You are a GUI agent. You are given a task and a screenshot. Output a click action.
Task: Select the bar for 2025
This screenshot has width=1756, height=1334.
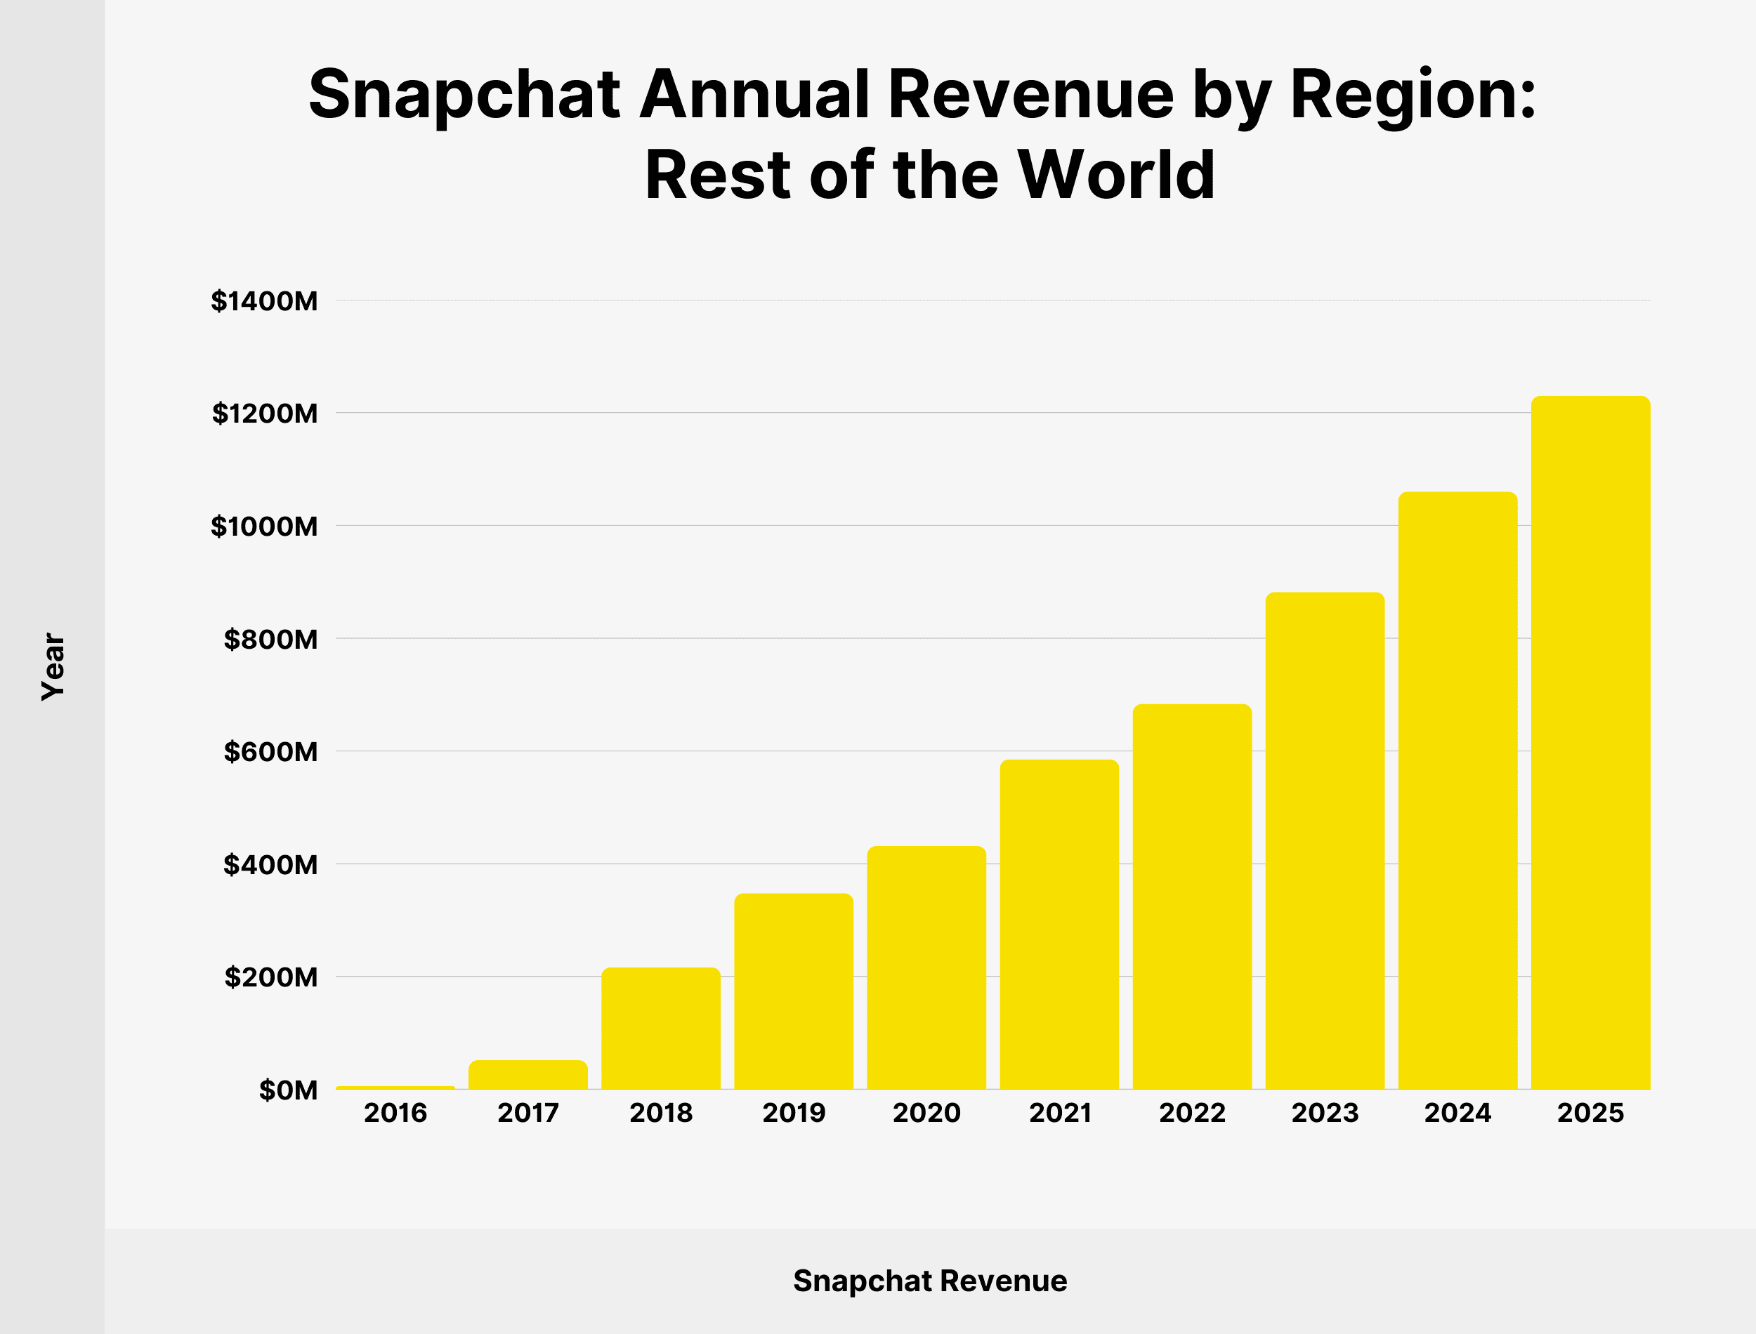click(x=1590, y=742)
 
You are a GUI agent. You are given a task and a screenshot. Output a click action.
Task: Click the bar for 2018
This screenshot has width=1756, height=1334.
click(x=661, y=1029)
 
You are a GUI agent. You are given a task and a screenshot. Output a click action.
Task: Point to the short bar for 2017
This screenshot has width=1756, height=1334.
click(x=528, y=1074)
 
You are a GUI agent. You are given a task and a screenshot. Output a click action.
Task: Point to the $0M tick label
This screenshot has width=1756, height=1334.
click(x=288, y=1090)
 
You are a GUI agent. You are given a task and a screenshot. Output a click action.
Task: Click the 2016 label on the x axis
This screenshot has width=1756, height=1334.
click(x=395, y=1114)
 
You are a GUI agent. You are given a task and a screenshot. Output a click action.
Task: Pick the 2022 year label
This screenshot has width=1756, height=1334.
click(x=1192, y=1114)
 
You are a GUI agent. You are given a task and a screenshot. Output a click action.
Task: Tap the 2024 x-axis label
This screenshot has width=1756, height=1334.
click(x=1457, y=1114)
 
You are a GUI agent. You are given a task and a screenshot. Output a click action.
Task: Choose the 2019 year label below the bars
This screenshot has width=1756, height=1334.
click(x=794, y=1114)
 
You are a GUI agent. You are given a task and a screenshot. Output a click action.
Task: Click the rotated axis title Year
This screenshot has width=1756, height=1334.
click(x=53, y=667)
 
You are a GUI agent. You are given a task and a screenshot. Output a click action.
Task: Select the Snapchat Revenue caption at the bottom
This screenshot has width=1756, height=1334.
click(x=930, y=1281)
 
